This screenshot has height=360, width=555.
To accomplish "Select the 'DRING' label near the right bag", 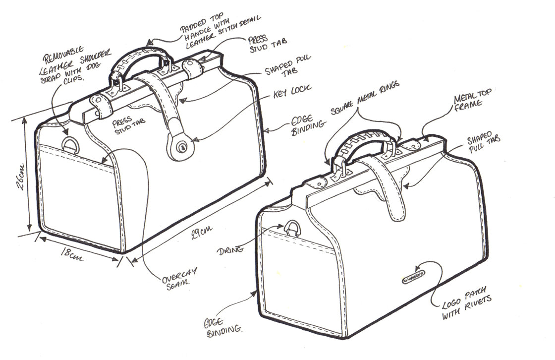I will click(x=231, y=249).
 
